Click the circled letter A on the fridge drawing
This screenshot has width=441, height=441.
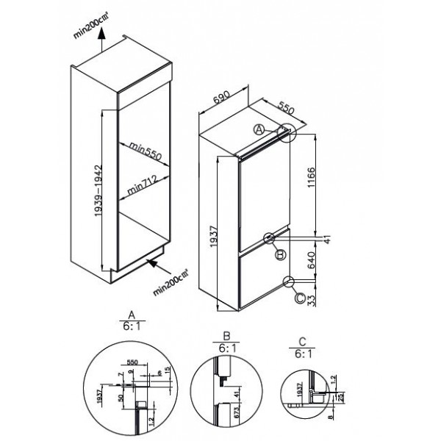coord(259,129)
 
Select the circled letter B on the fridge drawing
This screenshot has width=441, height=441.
coord(279,254)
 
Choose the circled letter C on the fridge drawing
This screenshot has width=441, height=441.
coord(299,298)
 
